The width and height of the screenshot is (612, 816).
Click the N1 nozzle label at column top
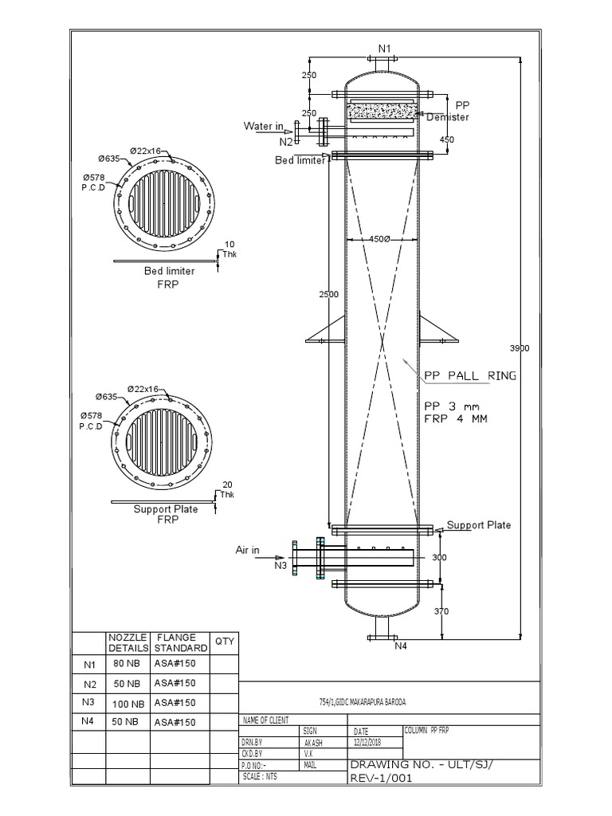(384, 48)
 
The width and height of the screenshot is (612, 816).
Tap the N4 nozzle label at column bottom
(401, 646)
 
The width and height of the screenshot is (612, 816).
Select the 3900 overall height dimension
(519, 348)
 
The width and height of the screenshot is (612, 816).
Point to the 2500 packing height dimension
(329, 294)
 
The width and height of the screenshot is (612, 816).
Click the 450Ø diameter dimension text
(381, 239)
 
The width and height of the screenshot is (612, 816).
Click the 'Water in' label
(262, 126)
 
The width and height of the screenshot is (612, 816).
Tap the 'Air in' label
(249, 550)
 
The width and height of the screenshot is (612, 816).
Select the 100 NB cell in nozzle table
(127, 704)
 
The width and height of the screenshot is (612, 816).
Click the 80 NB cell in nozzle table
(127, 663)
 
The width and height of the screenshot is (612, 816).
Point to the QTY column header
(224, 642)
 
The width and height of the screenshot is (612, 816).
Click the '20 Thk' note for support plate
(227, 488)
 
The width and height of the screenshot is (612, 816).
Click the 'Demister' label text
(448, 117)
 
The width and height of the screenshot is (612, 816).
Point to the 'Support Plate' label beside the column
(479, 525)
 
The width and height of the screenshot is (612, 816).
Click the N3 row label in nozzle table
(88, 702)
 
